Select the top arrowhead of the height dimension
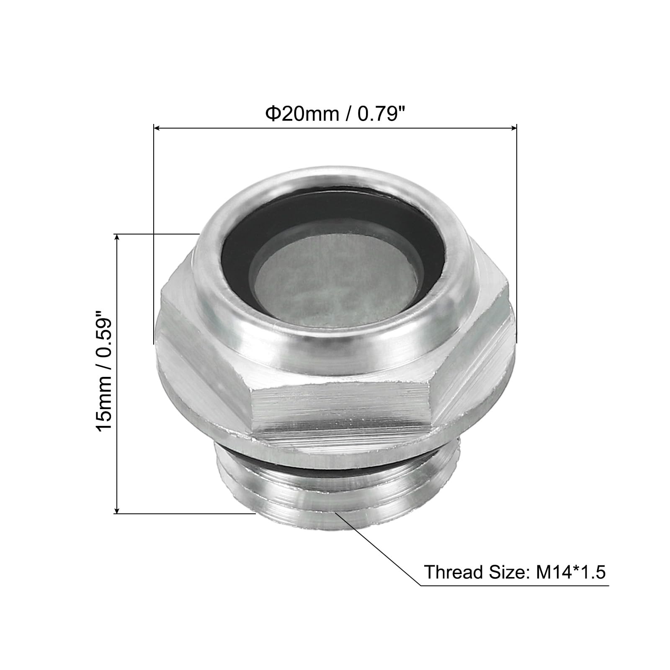(x=118, y=239)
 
